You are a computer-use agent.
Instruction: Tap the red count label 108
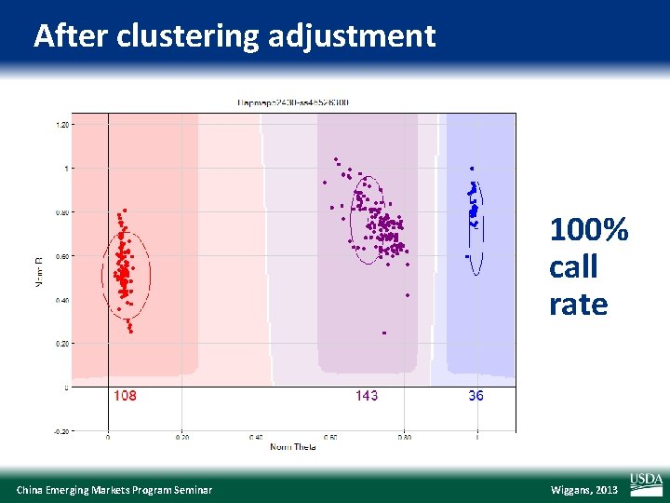125,396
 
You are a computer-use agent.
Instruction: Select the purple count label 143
367,396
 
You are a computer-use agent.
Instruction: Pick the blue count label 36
476,396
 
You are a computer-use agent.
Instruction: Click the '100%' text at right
589,229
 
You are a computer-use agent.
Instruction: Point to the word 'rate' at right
578,305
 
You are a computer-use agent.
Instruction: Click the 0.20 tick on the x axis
182,437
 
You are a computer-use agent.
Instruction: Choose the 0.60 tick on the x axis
330,437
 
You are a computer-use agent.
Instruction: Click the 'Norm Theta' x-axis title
293,447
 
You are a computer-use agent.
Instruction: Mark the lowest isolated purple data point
384,333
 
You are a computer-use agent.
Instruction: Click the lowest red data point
130,331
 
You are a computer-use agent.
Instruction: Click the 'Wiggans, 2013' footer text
583,490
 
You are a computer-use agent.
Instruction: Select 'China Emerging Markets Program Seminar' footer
114,490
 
